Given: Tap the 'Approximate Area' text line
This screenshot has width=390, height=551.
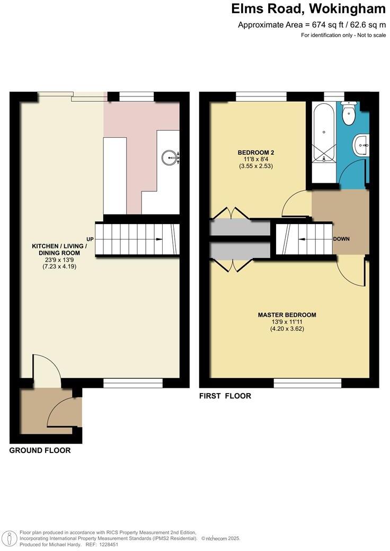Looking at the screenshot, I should tap(313, 24).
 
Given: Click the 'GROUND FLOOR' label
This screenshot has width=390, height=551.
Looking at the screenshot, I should tap(40, 450).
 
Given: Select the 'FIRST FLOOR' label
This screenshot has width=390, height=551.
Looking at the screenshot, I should tap(225, 396).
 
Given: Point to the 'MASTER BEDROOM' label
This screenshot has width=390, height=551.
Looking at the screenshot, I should tap(287, 315).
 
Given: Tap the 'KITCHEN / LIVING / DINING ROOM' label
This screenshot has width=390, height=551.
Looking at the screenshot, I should tap(56, 250).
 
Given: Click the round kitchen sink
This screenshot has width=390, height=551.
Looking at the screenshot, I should tap(171, 156).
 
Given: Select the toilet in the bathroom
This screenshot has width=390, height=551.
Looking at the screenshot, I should tap(349, 114).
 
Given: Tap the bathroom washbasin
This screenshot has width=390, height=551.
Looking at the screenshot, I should tap(361, 144).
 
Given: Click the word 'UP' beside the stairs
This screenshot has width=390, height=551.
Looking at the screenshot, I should tap(90, 239).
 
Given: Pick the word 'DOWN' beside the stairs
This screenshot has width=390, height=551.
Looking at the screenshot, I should tap(341, 239).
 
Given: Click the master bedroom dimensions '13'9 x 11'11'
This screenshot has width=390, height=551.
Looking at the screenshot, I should tap(287, 322).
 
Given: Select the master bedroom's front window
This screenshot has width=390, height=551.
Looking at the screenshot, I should tap(307, 383).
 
